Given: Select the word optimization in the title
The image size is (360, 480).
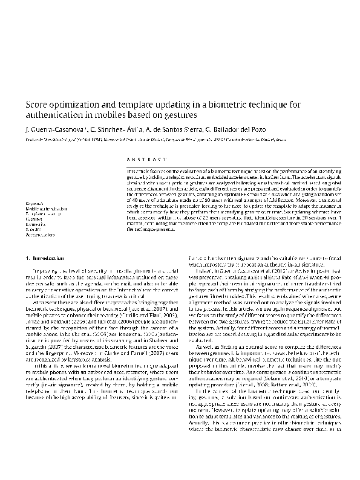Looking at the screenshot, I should pyautogui.click(x=81, y=103).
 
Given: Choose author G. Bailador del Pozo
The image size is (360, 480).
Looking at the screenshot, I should pyautogui.click(x=258, y=128).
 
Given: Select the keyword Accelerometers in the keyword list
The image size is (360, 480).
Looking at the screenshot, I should pyautogui.click(x=42, y=236).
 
